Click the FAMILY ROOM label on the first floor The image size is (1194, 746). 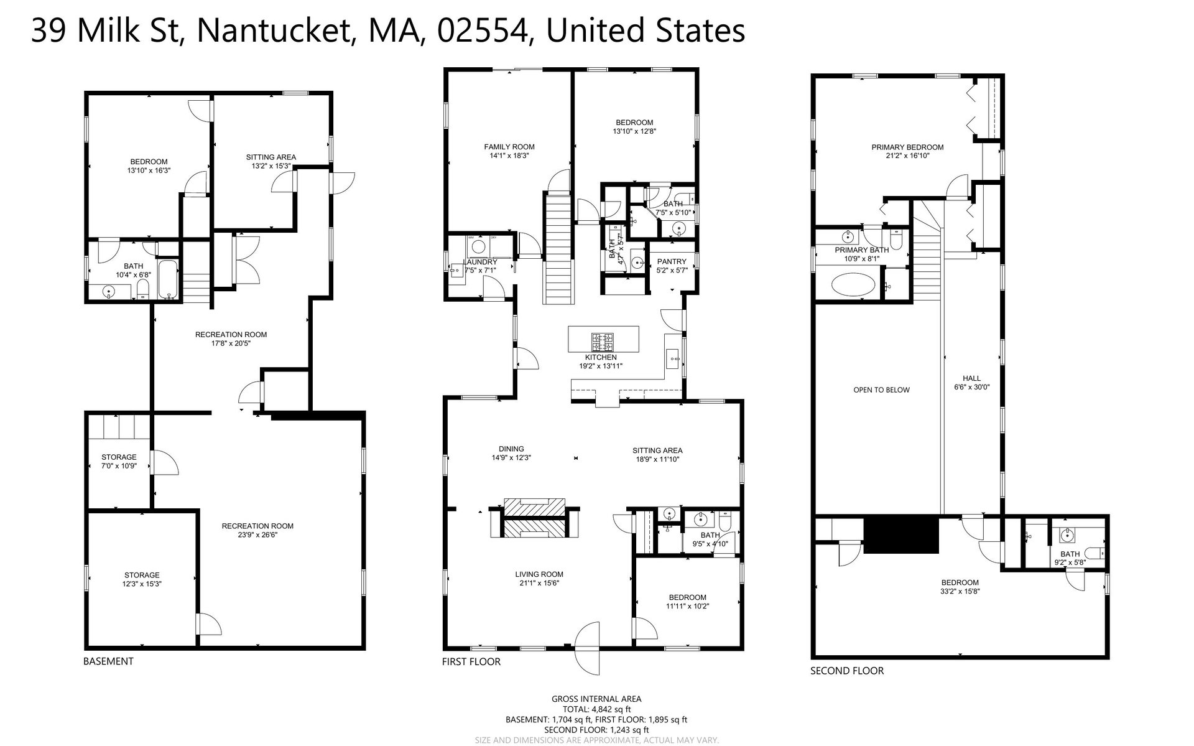pos(509,147)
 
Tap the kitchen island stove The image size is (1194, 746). pos(603,341)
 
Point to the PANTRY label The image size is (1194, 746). pos(672,262)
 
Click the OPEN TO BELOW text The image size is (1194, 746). pos(881,390)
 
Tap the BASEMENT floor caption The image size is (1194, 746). pos(108,661)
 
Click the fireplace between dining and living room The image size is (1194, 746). pos(534,517)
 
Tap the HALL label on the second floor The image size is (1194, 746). pos(971,378)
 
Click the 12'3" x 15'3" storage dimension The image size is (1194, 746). pos(142,584)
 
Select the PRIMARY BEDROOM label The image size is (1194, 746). pos(907,147)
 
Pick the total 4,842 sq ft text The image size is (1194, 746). pos(596,709)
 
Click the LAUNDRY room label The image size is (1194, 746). pos(480,262)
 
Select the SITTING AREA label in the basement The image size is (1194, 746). pos(271,157)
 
